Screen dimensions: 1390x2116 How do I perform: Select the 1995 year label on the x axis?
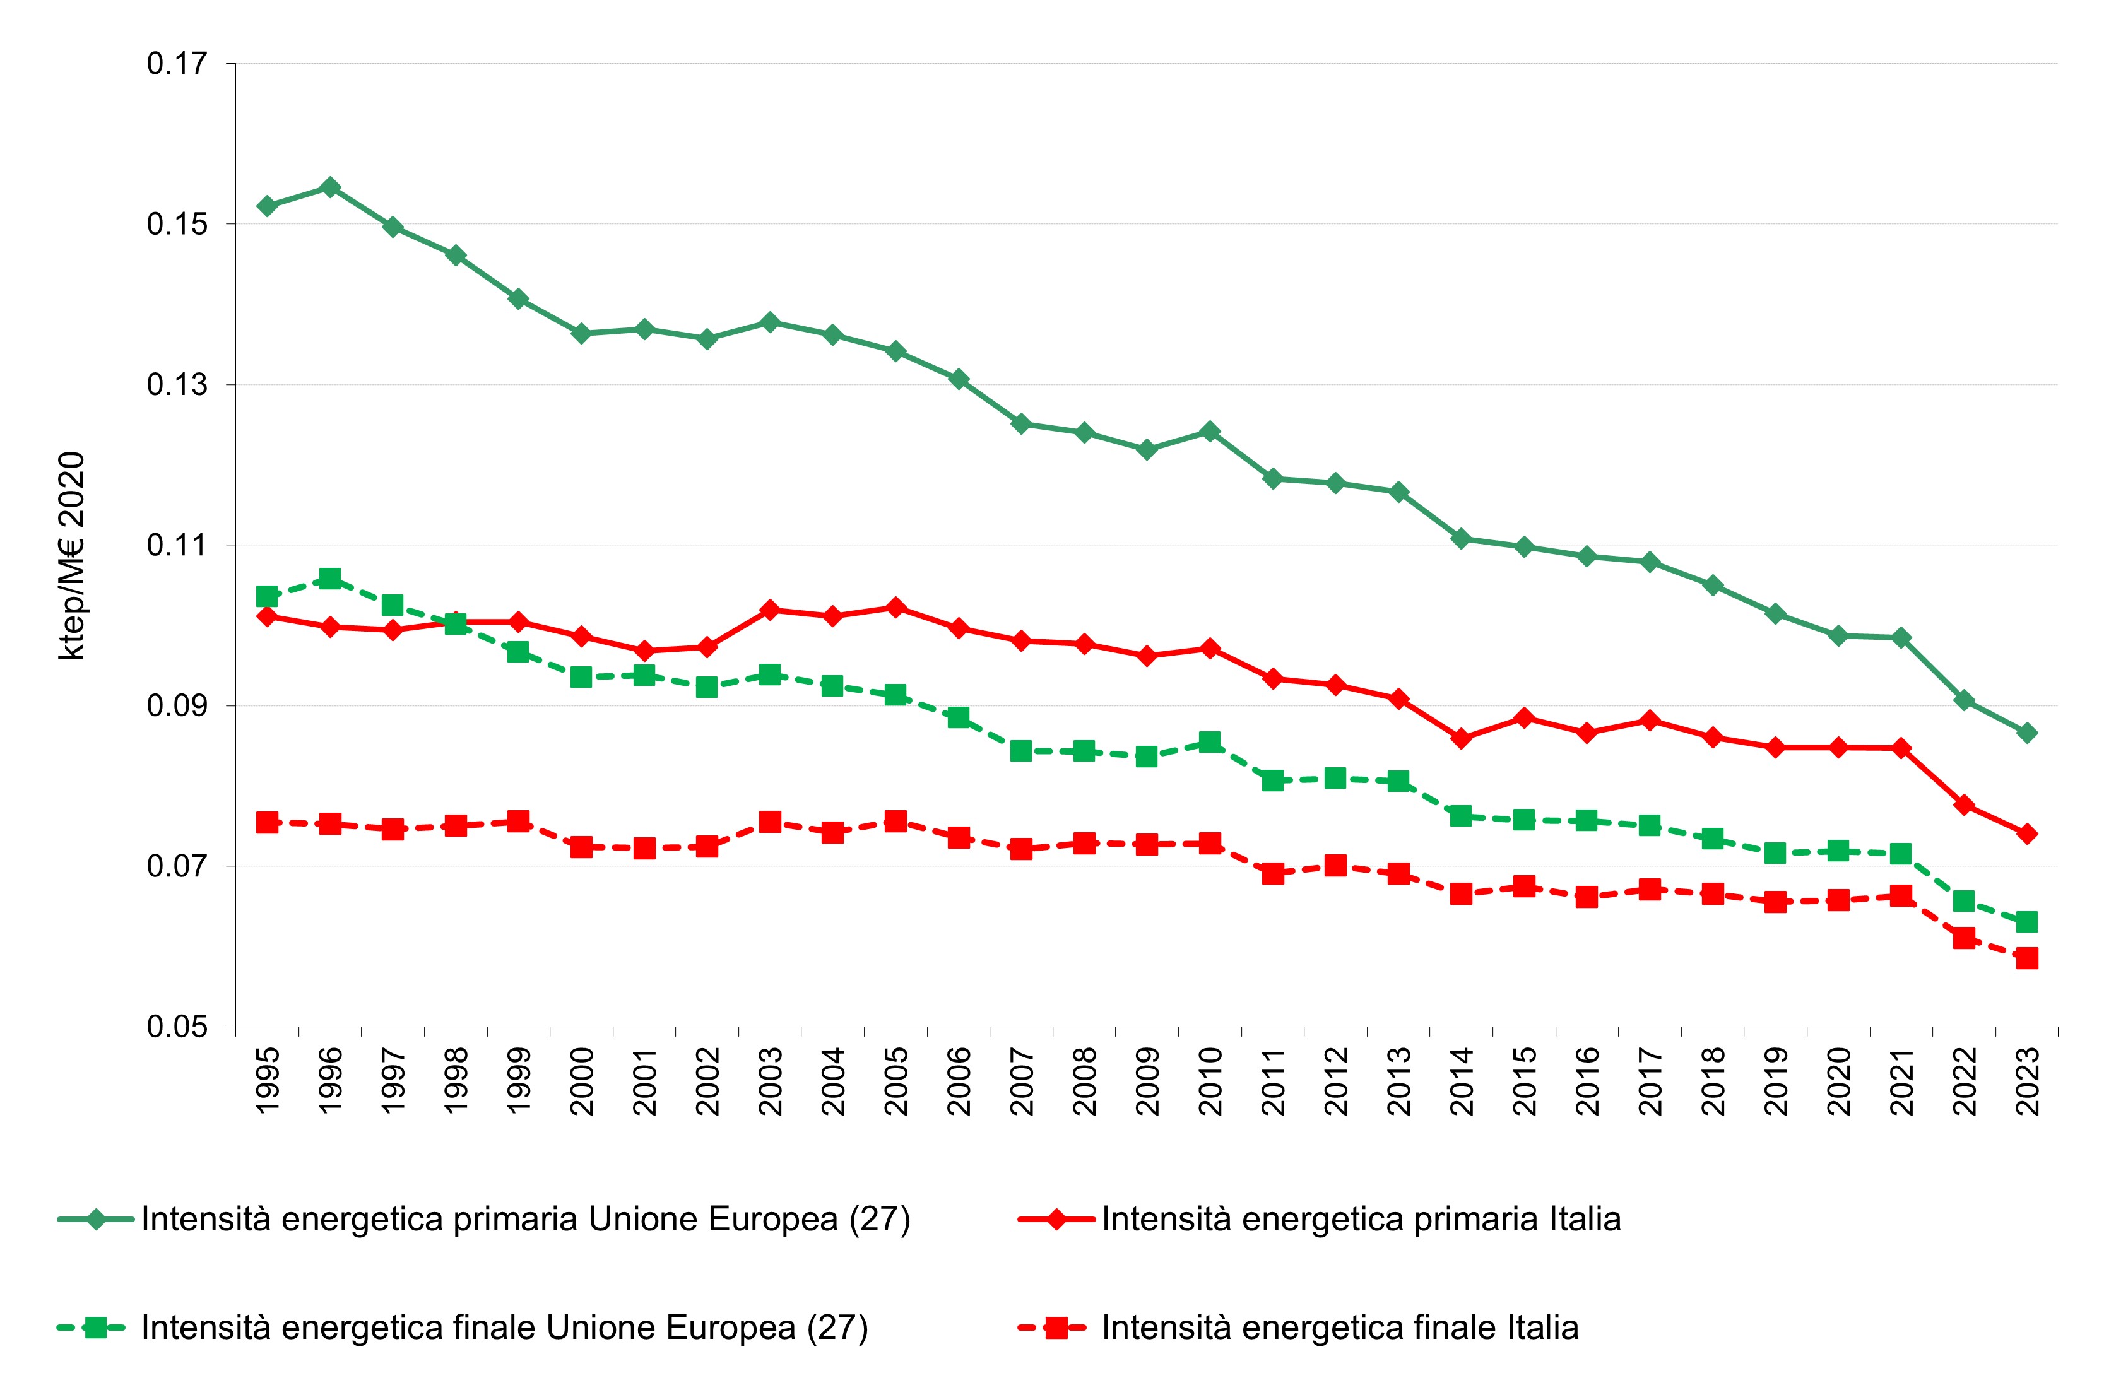(268, 1080)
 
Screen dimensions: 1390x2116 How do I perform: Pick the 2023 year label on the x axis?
(2027, 1080)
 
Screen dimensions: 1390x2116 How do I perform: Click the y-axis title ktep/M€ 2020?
(72, 555)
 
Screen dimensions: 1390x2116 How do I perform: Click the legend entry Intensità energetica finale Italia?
(1339, 1328)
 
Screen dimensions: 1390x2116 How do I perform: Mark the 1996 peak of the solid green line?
(330, 187)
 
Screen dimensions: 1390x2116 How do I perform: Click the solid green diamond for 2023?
(2027, 733)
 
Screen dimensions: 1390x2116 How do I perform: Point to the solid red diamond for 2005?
(895, 608)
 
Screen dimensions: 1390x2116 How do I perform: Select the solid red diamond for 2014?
(1461, 739)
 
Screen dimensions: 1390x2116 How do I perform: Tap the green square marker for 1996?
(330, 579)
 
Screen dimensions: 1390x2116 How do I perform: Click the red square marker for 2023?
(2027, 958)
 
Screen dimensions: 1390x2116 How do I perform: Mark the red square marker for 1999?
(518, 822)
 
